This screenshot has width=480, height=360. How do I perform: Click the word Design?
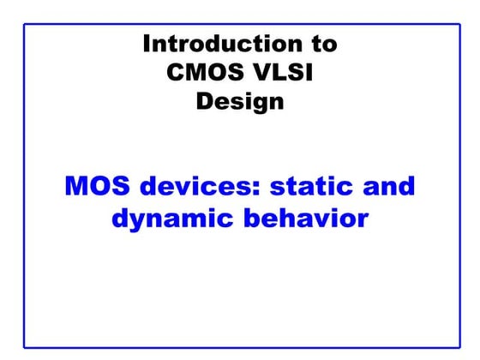(x=240, y=102)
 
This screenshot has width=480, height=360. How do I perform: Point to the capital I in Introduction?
(x=147, y=44)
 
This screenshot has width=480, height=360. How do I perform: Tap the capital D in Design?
(x=204, y=101)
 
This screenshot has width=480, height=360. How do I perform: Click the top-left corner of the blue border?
(x=24, y=25)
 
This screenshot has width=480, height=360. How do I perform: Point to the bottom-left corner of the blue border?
(x=24, y=347)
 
